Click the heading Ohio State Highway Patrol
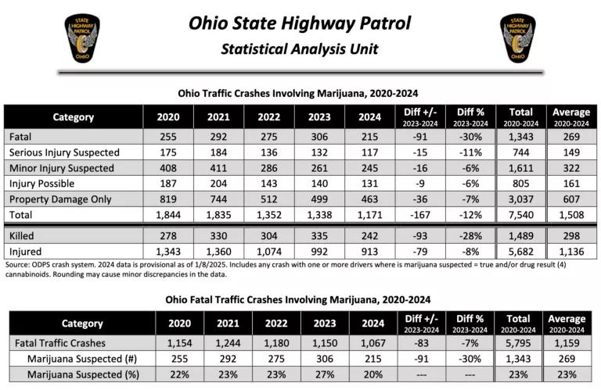coord(300,22)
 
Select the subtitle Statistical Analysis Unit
coord(300,49)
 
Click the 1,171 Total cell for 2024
coord(370,213)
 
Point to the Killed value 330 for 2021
coord(218,235)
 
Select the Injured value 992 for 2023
coord(319,251)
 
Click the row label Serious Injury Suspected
coord(64,152)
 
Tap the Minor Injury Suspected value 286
coord(268,167)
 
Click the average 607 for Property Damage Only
coord(570,198)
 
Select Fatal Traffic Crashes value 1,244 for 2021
coord(228,343)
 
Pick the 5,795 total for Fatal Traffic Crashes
coord(519,343)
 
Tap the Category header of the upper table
coord(73,117)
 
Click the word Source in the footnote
coord(18,265)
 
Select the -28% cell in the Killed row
coord(470,235)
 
